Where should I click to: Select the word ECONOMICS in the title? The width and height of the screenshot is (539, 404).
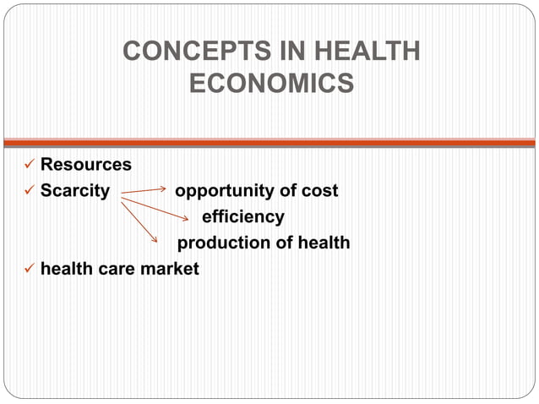coord(271,85)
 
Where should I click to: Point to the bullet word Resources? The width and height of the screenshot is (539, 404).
coord(86,164)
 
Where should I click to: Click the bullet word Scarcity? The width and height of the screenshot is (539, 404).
coord(75,190)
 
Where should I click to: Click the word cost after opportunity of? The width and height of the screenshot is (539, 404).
coord(318,190)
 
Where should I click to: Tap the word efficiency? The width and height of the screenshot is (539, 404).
coord(243,216)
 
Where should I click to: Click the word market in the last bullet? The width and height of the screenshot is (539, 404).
coord(172,269)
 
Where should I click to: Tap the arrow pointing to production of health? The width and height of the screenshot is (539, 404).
coord(140,221)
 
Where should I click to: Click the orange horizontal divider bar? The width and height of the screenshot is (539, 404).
coord(269,143)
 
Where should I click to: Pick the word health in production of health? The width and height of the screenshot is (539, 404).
coord(323,243)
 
